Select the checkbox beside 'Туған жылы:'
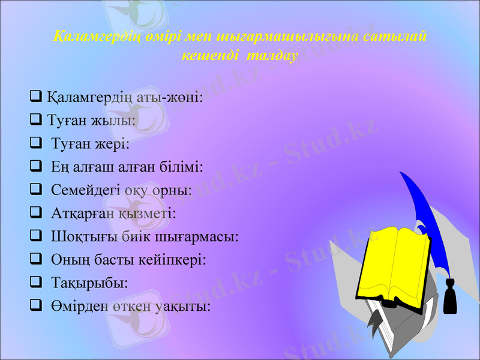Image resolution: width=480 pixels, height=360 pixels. pos(35,120)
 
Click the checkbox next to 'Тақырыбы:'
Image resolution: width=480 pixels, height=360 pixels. pos(35,282)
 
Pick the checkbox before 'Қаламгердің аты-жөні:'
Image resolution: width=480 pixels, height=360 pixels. pos(35,95)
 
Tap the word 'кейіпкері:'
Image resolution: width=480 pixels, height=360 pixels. pos(177,260)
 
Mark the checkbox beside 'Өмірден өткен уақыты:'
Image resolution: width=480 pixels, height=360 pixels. pos(35,306)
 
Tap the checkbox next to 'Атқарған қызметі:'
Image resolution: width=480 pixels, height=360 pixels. pos(35,213)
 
